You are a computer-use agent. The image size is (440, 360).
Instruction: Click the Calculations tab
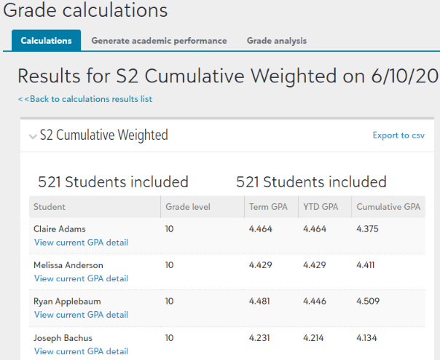[x=46, y=41]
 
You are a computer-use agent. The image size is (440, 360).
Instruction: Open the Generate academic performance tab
[x=159, y=41]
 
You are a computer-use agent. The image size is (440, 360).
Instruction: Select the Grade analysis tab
[x=276, y=41]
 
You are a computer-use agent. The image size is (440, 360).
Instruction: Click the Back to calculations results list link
[x=85, y=99]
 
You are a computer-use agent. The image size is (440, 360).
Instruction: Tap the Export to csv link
[x=398, y=136]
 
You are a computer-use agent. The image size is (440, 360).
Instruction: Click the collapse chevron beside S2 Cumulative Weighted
[x=32, y=136]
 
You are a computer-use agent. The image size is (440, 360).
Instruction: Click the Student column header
[x=50, y=207]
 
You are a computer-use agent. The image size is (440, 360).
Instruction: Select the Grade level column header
[x=188, y=207]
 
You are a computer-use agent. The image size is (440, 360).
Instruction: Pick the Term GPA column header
[x=267, y=207]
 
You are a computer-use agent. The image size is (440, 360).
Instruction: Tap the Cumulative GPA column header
[x=388, y=207]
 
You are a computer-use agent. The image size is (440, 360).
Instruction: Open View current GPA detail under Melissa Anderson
[x=81, y=278]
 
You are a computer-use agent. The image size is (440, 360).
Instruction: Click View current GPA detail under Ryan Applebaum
[x=81, y=315]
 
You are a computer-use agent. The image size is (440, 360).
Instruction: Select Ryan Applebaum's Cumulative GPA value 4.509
[x=368, y=302]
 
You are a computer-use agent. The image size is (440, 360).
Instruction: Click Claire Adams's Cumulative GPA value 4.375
[x=368, y=229]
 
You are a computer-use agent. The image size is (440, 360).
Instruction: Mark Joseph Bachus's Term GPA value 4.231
[x=260, y=338]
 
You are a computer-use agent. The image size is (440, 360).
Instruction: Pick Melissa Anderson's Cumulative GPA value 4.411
[x=366, y=265]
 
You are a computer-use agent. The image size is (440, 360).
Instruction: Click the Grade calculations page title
[x=85, y=11]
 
